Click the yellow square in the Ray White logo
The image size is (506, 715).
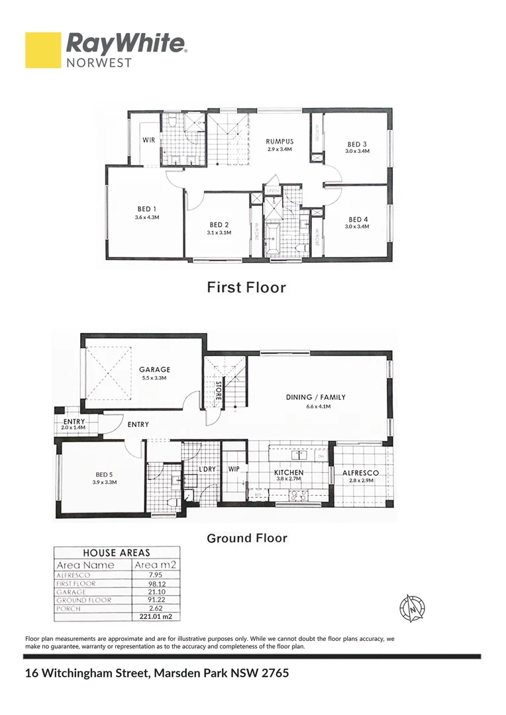point(43,50)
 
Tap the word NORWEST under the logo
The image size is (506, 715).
point(99,63)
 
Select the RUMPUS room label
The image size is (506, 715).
point(279,142)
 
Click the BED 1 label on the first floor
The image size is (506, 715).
point(147,209)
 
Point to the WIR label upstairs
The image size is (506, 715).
point(149,140)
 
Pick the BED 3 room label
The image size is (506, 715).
point(357,144)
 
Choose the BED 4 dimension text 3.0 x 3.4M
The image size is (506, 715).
point(357,227)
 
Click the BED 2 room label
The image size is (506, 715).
point(219,224)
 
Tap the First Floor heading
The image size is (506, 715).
point(246,287)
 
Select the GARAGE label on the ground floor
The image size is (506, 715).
point(154,370)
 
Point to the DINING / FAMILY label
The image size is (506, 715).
point(316,398)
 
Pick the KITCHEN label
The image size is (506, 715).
point(288,473)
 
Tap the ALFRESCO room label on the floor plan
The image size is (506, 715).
point(360,473)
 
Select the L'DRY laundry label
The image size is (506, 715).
point(208,469)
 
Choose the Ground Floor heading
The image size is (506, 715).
point(247,538)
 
